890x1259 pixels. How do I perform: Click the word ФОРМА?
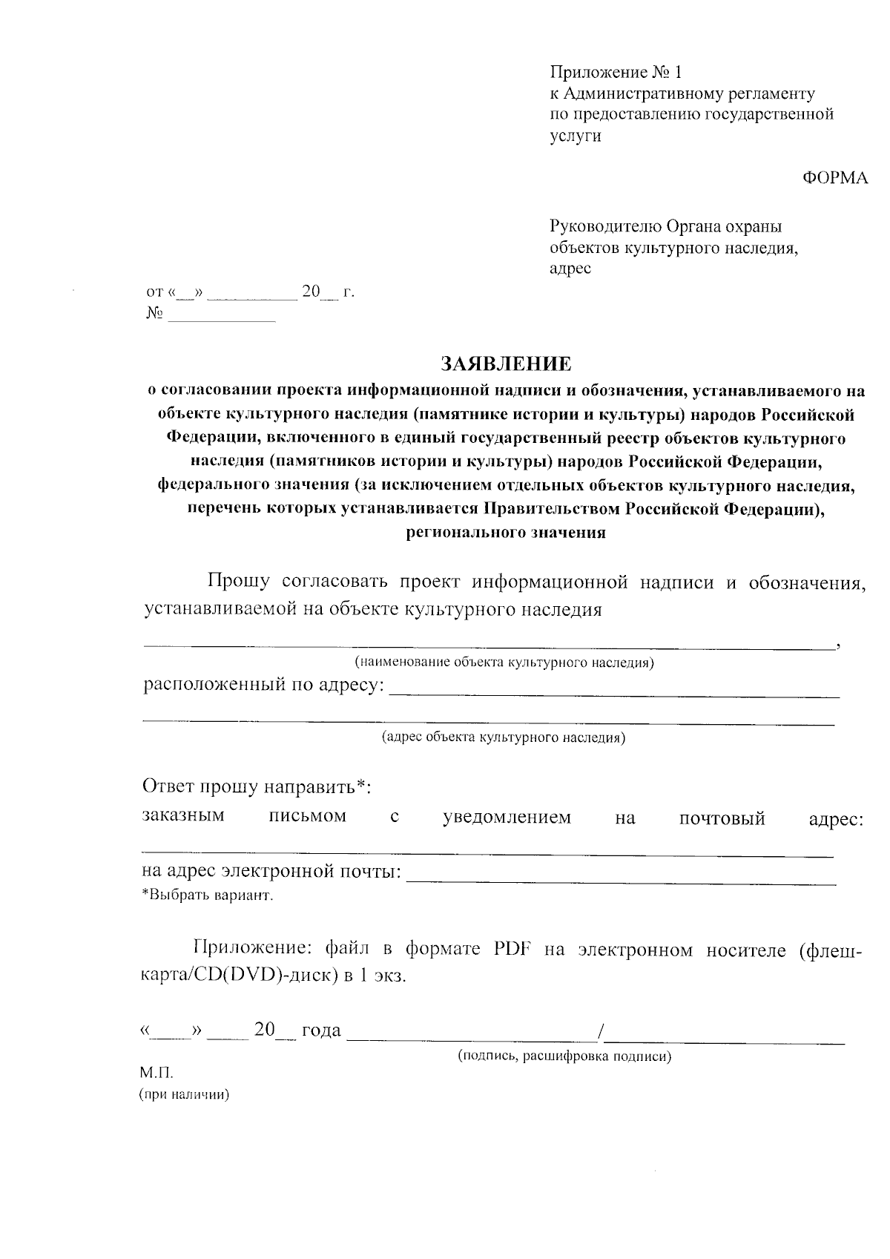tap(835, 178)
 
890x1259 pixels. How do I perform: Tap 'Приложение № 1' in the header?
tap(615, 72)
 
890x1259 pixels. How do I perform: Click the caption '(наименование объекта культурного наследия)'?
tap(504, 663)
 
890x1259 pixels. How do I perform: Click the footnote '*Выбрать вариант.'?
tap(208, 895)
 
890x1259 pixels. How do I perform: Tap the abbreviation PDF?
tap(511, 950)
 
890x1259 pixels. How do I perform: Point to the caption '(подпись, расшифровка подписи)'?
tap(564, 1056)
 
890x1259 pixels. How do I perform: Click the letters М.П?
tap(156, 1074)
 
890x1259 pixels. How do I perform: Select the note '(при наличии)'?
tap(185, 1095)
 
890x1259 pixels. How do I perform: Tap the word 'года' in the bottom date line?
tap(321, 1030)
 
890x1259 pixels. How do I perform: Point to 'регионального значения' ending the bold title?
tap(507, 533)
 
